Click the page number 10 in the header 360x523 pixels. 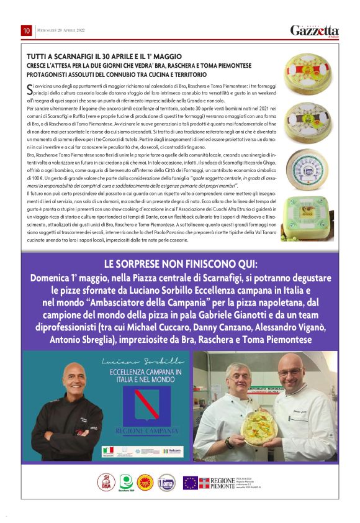coord(27,30)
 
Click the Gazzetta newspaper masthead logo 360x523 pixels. coord(315,30)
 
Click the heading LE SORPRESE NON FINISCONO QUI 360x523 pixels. coord(180,263)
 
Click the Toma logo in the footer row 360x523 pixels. coord(166,482)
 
